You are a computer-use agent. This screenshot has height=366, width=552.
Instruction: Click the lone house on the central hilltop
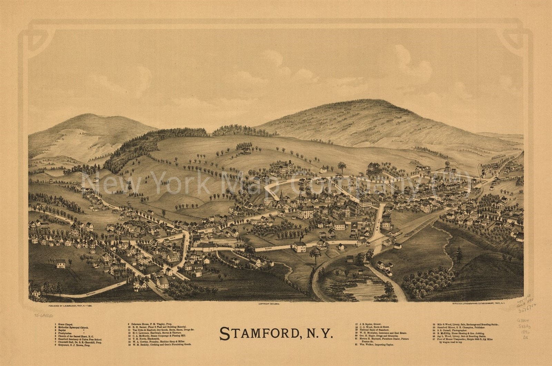pyautogui.click(x=245, y=151)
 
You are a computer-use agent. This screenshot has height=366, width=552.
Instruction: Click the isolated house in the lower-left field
pyautogui.click(x=60, y=264)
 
